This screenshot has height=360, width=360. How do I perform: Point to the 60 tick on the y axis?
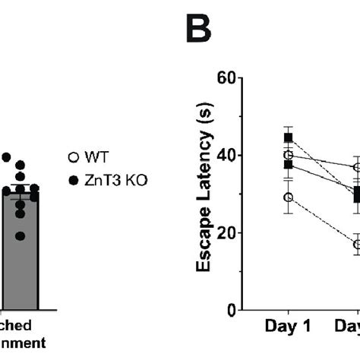[225, 77]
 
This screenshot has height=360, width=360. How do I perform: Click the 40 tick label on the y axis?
[225, 155]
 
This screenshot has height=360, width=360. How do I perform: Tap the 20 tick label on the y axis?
[225, 232]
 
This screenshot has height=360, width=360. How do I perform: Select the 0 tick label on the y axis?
[229, 310]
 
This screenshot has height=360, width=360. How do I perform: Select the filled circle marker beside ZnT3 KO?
[73, 180]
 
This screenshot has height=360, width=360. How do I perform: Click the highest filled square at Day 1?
[288, 137]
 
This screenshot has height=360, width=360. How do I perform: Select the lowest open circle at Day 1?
[288, 197]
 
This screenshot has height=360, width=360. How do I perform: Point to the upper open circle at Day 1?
[288, 155]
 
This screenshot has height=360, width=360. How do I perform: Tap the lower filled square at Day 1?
[288, 164]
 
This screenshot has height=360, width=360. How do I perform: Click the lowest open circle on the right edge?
[357, 245]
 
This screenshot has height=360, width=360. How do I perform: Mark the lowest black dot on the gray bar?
[21, 236]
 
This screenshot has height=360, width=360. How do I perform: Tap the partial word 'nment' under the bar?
[22, 343]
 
